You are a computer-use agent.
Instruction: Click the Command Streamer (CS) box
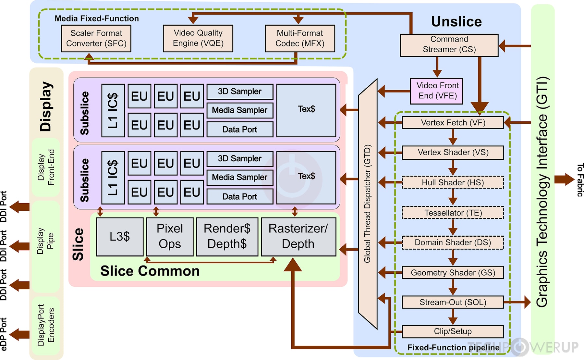(449, 45)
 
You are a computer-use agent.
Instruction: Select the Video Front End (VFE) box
(437, 91)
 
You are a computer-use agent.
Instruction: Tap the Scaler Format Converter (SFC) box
(96, 38)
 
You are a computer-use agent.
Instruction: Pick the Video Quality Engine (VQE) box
(198, 38)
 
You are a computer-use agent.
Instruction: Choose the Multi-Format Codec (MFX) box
(300, 38)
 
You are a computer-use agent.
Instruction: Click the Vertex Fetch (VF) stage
(453, 123)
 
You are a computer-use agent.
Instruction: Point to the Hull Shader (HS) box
(453, 182)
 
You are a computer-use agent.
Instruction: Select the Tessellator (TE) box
(453, 213)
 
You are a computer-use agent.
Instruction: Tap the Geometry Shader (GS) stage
(453, 273)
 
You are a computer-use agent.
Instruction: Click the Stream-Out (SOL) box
(453, 302)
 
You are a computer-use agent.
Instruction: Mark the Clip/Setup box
(453, 331)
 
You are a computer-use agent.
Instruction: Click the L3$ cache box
(120, 237)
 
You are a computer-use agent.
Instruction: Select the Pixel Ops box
(170, 237)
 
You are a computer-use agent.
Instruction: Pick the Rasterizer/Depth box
(298, 237)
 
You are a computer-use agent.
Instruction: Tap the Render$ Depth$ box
(227, 237)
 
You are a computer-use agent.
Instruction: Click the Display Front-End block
(46, 167)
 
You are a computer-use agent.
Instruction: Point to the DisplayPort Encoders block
(46, 325)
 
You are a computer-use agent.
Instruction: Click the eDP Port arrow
(20, 334)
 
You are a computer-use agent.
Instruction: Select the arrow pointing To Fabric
(564, 180)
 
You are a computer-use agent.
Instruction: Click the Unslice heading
(456, 21)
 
